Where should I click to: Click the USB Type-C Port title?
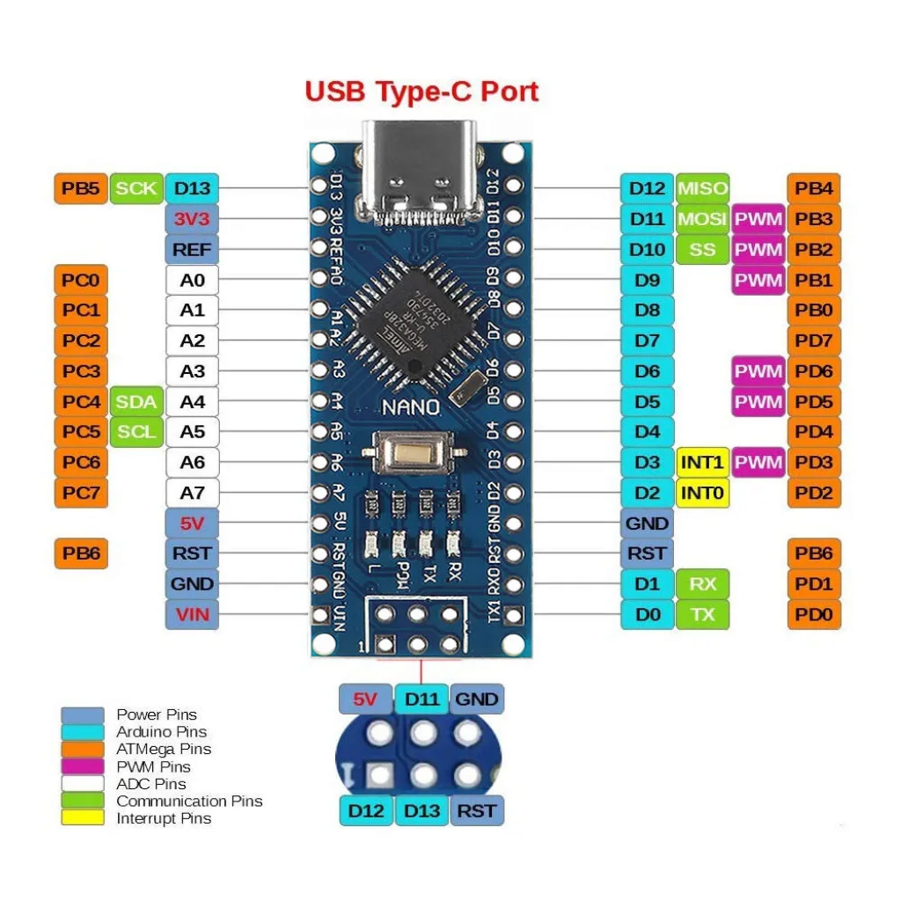(421, 92)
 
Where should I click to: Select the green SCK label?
(136, 188)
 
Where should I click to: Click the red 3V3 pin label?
(192, 218)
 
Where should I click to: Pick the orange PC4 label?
(81, 402)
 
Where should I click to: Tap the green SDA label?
(136, 402)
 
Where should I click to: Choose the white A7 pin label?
(192, 493)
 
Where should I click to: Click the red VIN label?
(192, 614)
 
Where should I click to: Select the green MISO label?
(702, 188)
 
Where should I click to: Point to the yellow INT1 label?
(702, 463)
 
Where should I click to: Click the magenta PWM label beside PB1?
(758, 280)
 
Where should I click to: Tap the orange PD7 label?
(814, 341)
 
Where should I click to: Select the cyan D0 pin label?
(647, 614)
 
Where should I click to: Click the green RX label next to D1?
(702, 583)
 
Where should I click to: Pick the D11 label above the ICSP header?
(421, 700)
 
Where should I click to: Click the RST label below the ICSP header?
(477, 810)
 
